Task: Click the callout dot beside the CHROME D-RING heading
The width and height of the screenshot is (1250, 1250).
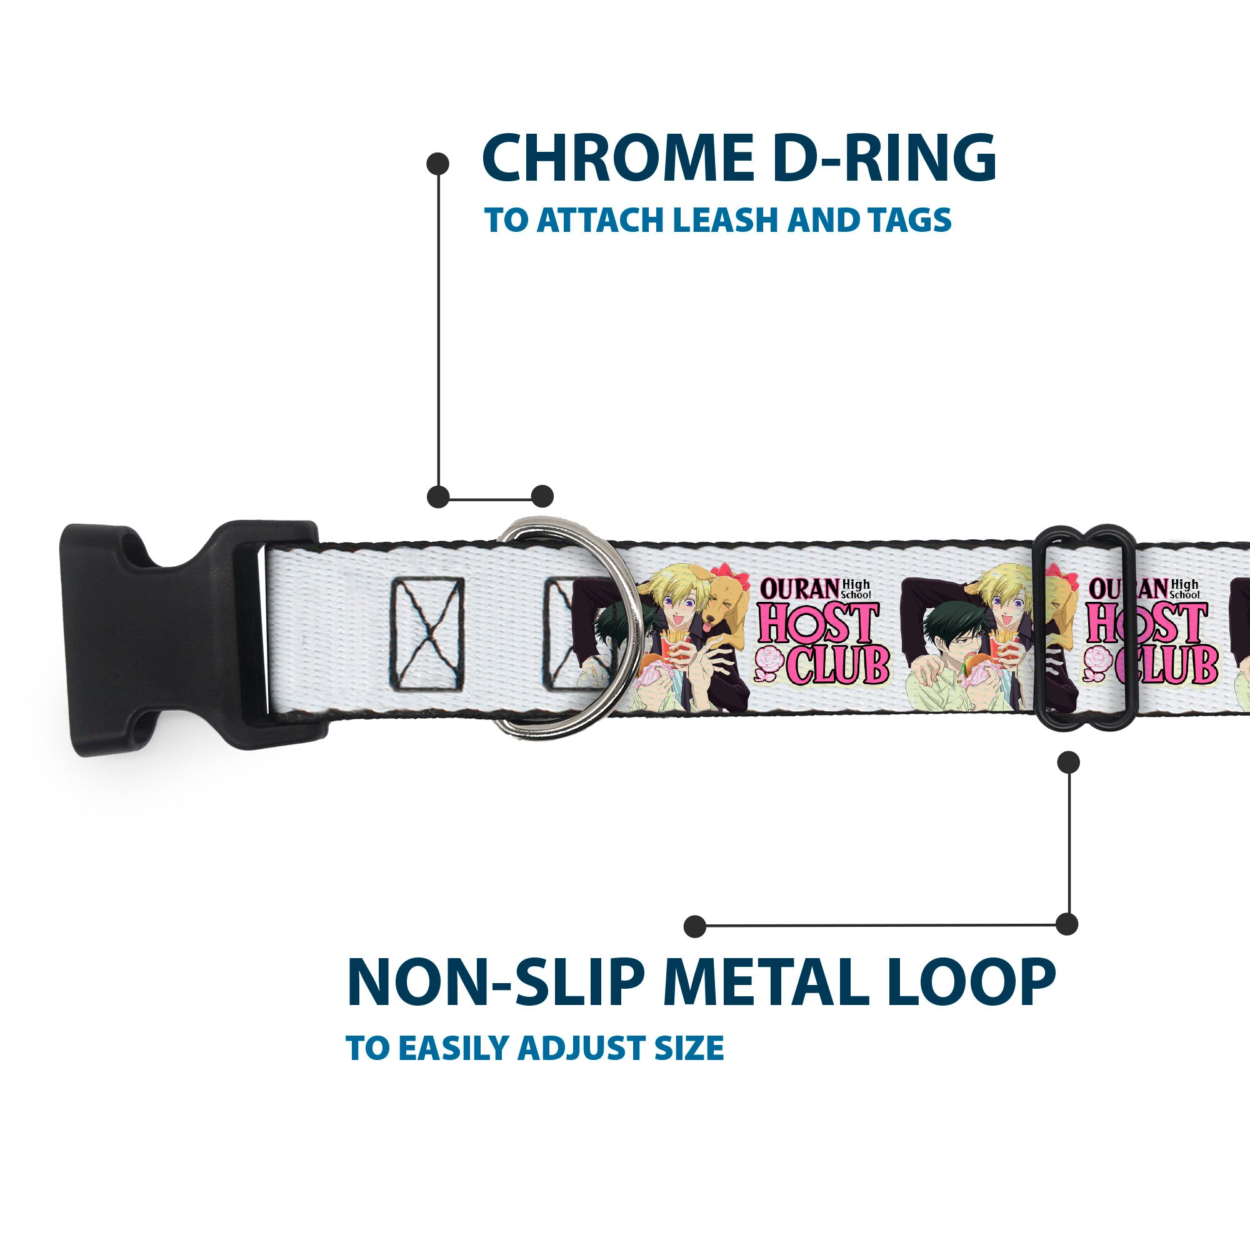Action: tap(438, 164)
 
